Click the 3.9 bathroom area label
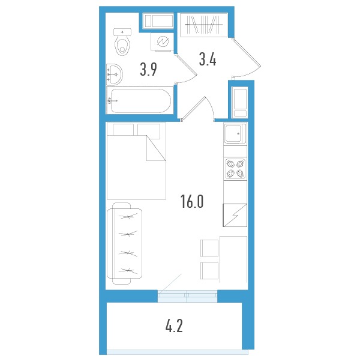pyautogui.click(x=148, y=70)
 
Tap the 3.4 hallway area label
pyautogui.click(x=208, y=59)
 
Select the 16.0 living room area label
pyautogui.click(x=192, y=201)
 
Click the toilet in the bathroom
pyautogui.click(x=122, y=41)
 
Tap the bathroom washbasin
pyautogui.click(x=115, y=74)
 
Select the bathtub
pyautogui.click(x=140, y=100)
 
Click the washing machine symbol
pyautogui.click(x=163, y=41)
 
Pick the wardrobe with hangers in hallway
pyautogui.click(x=204, y=25)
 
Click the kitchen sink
pyautogui.click(x=235, y=133)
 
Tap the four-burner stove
pyautogui.click(x=235, y=168)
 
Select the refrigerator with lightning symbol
pyautogui.click(x=235, y=215)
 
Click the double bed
pyautogui.click(x=136, y=161)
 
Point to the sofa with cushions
pyautogui.click(x=124, y=244)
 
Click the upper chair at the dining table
pyautogui.click(x=209, y=248)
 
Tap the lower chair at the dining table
pyautogui.click(x=209, y=271)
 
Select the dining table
pyautogui.click(x=233, y=259)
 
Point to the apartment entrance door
pyautogui.click(x=246, y=58)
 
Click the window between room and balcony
pyautogui.click(x=187, y=296)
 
